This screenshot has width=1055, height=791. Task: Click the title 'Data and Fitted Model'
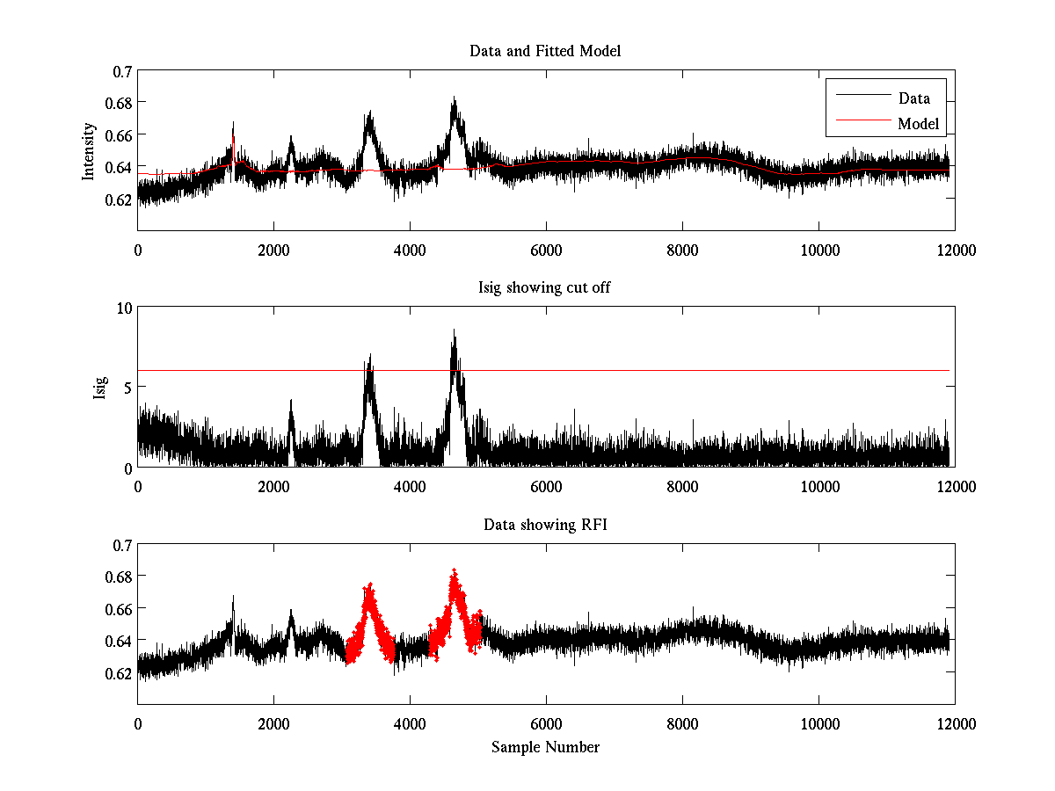click(545, 51)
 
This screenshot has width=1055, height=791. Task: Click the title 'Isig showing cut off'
click(545, 288)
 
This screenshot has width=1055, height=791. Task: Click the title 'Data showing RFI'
click(545, 526)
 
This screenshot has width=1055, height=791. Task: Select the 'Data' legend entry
click(913, 98)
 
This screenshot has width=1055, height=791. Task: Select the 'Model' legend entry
click(918, 124)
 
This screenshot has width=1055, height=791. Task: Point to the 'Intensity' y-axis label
click(88, 151)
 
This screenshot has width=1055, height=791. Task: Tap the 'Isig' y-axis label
click(100, 388)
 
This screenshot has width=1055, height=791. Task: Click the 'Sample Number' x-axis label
click(545, 747)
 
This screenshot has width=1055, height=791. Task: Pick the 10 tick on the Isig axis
click(123, 308)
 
